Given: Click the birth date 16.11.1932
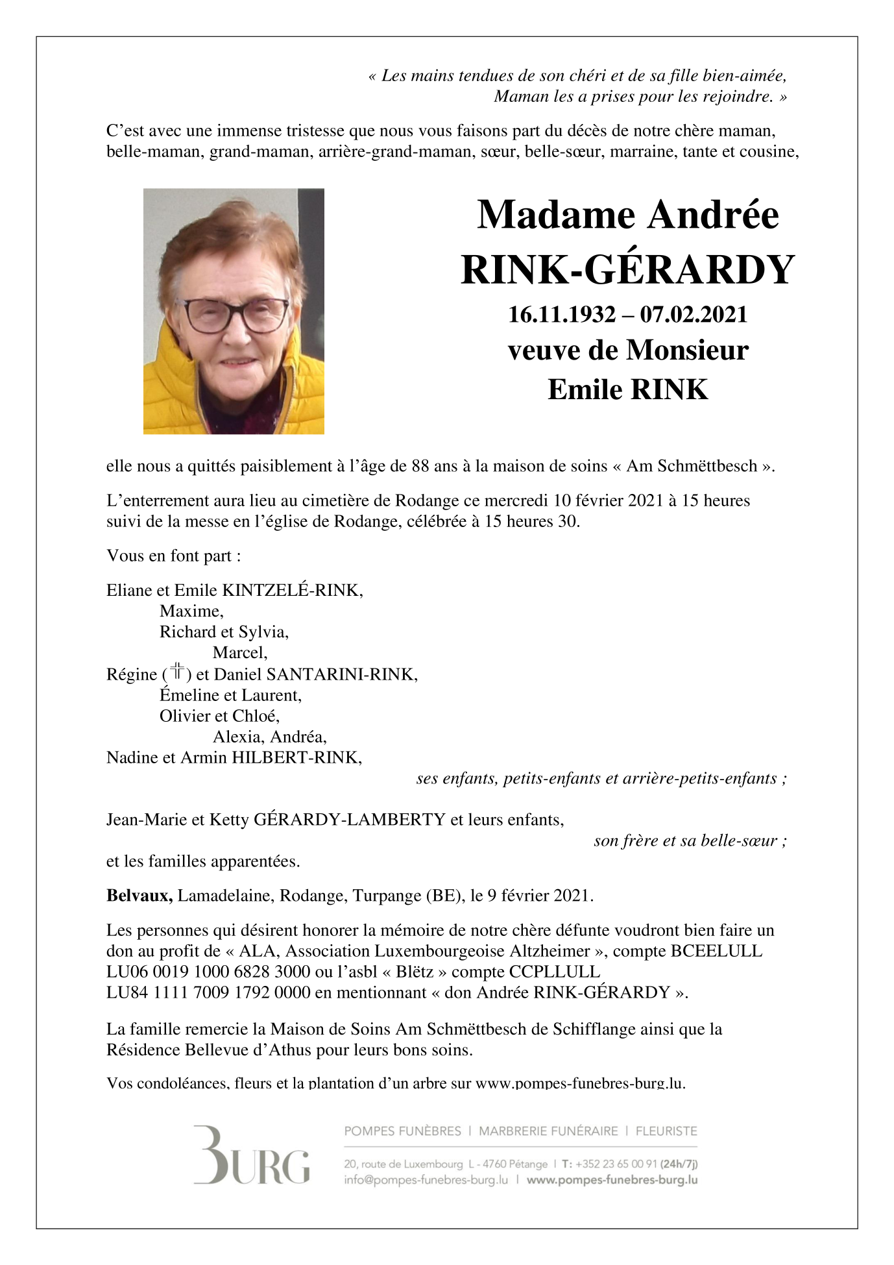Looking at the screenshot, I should point(561,315).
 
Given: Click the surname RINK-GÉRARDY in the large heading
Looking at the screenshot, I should point(627,270).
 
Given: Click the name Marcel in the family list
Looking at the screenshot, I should point(239,652).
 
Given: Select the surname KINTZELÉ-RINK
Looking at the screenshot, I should point(291,590).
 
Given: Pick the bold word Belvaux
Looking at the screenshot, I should point(139,896).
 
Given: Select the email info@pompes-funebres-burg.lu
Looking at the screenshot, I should point(426,1180).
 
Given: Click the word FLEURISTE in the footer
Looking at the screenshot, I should point(666,1131).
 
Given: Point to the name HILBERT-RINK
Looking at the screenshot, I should point(296,757).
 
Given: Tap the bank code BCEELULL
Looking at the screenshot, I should point(716,951).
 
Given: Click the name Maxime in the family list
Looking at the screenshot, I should point(191,611).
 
